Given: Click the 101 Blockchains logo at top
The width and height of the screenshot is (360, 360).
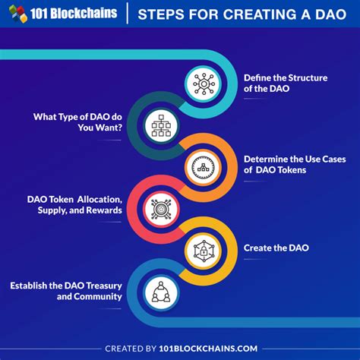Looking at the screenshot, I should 63,14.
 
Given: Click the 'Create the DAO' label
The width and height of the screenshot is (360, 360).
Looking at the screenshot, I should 275,248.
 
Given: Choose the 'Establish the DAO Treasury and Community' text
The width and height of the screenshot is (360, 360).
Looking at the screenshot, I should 66,291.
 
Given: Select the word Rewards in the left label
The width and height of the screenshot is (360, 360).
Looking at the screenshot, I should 103,210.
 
